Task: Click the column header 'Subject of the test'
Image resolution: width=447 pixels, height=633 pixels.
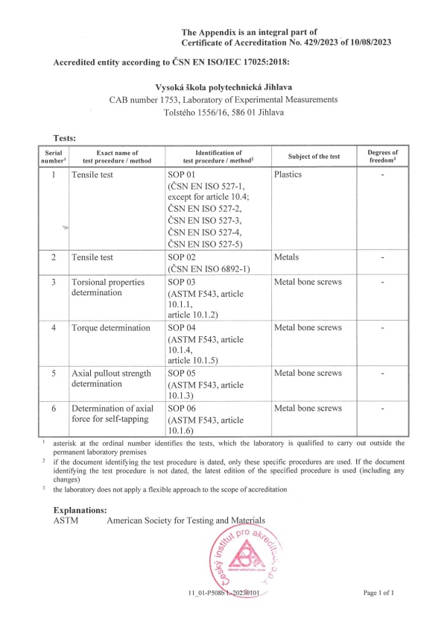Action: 314,157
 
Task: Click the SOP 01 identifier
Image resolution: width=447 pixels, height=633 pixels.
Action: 182,174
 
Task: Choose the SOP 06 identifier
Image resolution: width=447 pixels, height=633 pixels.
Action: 182,409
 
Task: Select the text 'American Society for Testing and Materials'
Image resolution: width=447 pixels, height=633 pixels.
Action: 186,520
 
